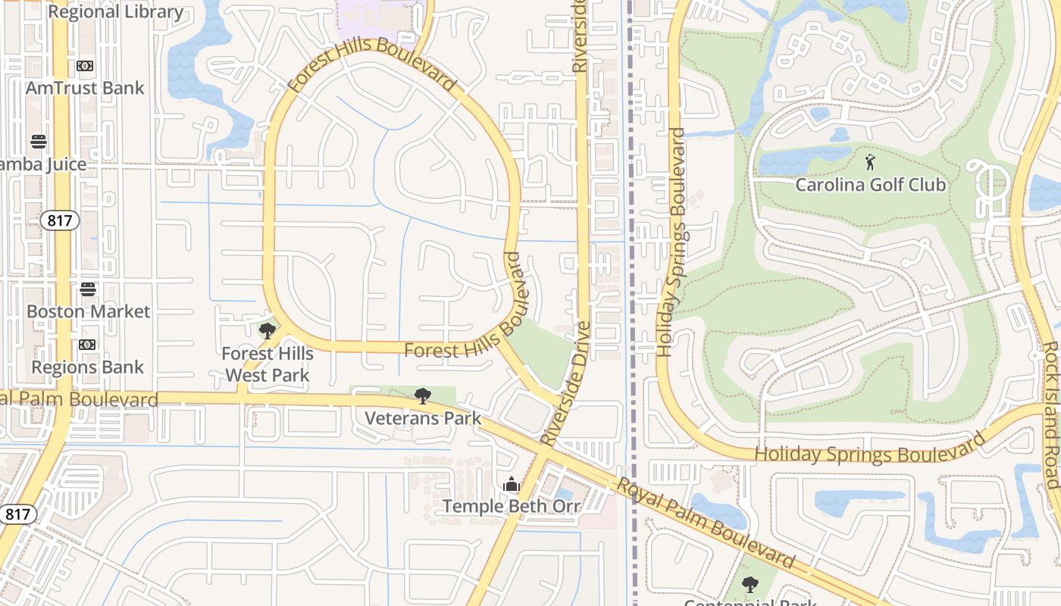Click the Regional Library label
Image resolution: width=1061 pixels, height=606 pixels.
point(115,12)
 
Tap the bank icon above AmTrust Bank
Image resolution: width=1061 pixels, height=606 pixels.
point(85,66)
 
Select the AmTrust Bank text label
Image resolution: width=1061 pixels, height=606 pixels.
point(85,88)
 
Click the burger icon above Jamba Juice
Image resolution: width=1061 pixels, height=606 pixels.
point(39,142)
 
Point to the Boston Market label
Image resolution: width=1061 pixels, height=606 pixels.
point(88,311)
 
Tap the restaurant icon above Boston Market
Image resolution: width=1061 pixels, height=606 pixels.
point(88,289)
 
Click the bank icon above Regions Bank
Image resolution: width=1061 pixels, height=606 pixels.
point(86,345)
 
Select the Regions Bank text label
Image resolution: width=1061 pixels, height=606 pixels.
point(87,367)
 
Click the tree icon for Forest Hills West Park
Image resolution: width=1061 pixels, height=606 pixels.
point(267,331)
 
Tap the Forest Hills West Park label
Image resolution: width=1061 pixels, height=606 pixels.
point(267,364)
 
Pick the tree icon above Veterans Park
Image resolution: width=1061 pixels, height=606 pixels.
point(423,395)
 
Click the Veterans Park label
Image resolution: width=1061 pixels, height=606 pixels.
point(423,418)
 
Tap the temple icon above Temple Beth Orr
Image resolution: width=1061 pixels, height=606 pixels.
point(512,484)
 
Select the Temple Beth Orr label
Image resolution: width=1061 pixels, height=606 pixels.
point(512,506)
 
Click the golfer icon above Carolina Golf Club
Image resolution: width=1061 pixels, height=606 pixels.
point(870,162)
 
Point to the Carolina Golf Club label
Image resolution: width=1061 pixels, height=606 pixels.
point(870,185)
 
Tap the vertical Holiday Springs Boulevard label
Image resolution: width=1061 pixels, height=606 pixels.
point(673,242)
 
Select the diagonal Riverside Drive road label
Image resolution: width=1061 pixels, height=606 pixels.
point(565,383)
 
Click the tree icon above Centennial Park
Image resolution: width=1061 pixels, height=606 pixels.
point(750,585)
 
